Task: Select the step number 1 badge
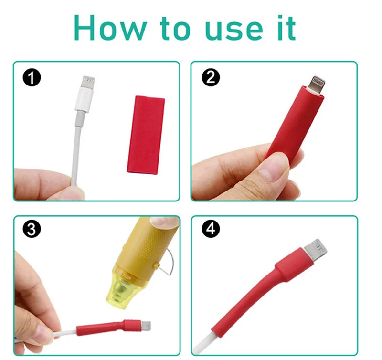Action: [x=32, y=78]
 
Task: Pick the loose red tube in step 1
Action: [x=146, y=134]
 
